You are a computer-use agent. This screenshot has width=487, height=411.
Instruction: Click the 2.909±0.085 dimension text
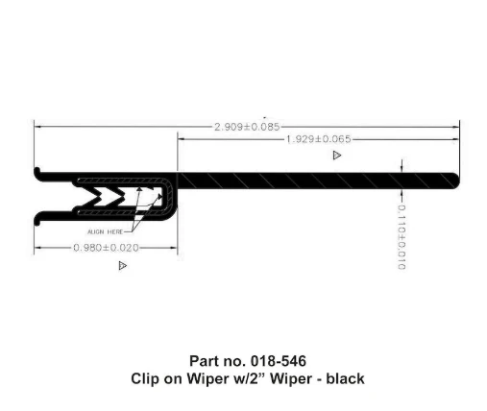(247, 127)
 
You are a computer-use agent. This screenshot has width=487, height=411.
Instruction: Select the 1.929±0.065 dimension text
(318, 139)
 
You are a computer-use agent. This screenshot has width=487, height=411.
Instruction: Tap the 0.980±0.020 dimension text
(106, 248)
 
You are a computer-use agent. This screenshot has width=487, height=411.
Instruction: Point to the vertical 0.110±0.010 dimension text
(402, 237)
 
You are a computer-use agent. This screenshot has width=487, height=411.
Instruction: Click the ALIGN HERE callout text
(105, 231)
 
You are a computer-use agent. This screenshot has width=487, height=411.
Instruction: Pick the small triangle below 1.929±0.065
(337, 156)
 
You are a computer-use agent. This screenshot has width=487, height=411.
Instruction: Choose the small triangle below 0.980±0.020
(123, 265)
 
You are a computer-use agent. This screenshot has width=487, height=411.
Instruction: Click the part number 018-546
(279, 361)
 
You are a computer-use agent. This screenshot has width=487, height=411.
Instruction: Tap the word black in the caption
(345, 378)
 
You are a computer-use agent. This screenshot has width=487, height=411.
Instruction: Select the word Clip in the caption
(141, 379)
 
